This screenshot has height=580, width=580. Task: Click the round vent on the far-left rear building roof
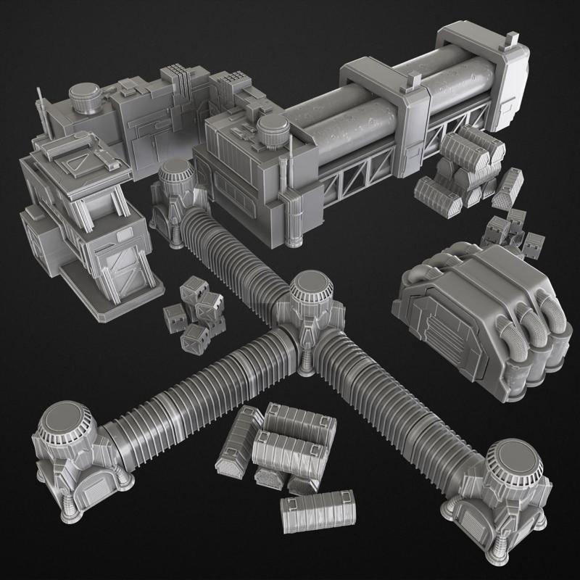tap(86, 97)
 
